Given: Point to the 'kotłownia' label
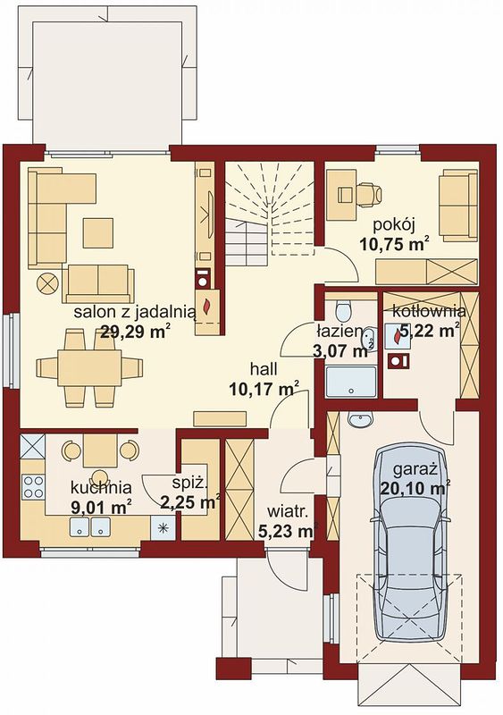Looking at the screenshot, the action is (x=429, y=312).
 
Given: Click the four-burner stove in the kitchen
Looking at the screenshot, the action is (x=33, y=486).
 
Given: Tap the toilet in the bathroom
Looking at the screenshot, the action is (x=342, y=310).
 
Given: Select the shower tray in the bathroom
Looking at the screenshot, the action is (x=351, y=381).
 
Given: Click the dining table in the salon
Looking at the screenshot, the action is (x=89, y=367).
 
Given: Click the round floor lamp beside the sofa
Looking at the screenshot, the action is (x=47, y=283).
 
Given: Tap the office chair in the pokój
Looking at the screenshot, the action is (x=368, y=194).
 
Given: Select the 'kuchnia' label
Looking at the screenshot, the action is (x=101, y=487).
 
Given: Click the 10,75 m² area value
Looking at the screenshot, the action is (x=395, y=244).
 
